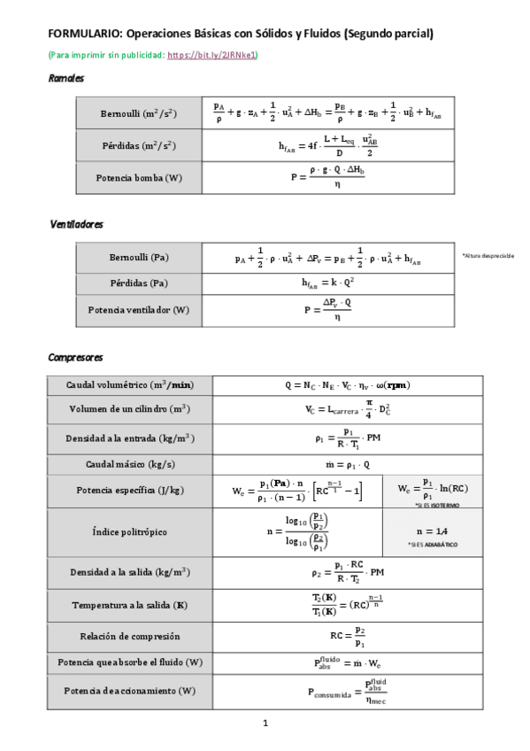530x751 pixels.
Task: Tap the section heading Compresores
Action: (x=75, y=358)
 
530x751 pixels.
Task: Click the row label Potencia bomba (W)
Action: (x=139, y=177)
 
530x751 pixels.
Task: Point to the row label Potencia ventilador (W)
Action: (x=139, y=310)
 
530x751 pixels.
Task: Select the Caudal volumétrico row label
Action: (x=130, y=385)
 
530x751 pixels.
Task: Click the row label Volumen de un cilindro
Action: (x=130, y=410)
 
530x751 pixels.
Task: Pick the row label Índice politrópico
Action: (x=130, y=532)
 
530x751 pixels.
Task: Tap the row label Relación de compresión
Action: (x=130, y=636)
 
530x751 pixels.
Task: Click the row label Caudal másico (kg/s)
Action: (x=130, y=464)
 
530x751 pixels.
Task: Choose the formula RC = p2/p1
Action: (x=347, y=636)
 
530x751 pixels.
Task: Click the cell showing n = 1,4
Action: (x=432, y=530)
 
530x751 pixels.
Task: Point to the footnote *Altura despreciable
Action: (x=488, y=255)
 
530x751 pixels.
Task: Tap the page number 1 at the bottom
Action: (x=265, y=723)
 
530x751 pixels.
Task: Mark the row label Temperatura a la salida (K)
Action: (x=130, y=606)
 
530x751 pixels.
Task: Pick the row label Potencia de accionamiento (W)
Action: (x=130, y=690)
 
